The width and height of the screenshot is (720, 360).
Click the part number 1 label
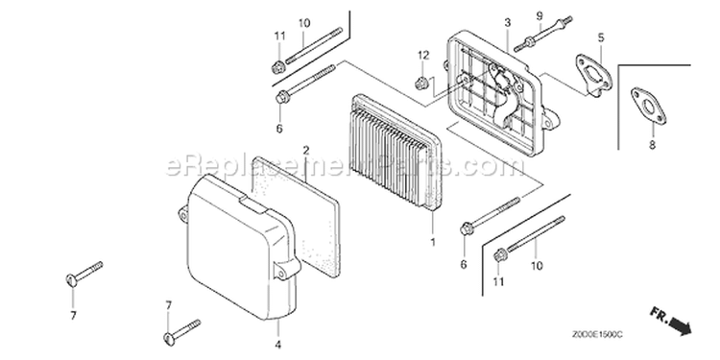coord(433,242)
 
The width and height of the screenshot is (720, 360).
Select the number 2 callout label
coord(306,150)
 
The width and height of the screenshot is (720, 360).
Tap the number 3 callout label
coord(508,22)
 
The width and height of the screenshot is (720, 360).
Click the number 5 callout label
coord(601,37)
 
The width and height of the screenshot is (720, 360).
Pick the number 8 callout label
coord(652,146)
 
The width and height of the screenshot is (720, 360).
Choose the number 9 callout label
coord(540,16)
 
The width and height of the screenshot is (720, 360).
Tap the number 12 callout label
coord(423,56)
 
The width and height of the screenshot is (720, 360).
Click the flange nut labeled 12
coord(420,84)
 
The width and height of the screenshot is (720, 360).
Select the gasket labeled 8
coord(648,107)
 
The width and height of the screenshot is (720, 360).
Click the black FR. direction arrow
coord(680,326)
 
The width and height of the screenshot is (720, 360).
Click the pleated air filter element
coord(394,153)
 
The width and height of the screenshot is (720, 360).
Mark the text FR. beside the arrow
coord(659,315)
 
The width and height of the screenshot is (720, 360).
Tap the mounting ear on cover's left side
coord(183,215)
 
